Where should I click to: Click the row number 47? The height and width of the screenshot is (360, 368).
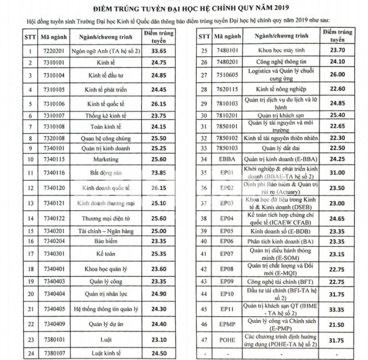click(x=204, y=340)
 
